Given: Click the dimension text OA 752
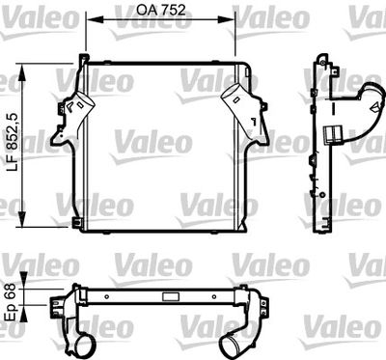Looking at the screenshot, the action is (x=161, y=10).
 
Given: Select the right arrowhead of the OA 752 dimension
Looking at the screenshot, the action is (x=228, y=19).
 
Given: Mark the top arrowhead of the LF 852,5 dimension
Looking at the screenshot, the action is (x=22, y=72).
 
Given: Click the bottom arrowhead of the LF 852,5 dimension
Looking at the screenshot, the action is (x=22, y=219).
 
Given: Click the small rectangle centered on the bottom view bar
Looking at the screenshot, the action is (x=167, y=296).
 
